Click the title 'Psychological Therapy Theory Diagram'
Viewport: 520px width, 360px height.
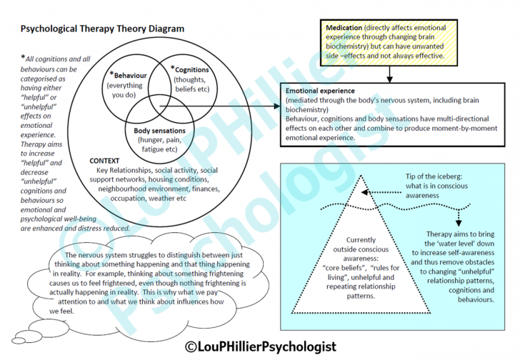[102, 29]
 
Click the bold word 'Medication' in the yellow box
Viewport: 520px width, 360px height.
[344, 27]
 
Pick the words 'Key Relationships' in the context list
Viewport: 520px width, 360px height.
[127, 171]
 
